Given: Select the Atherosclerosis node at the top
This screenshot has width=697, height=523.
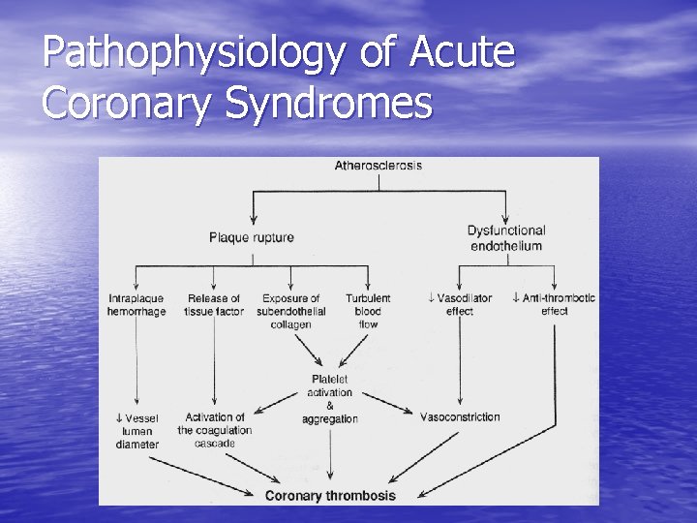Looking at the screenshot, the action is (378, 166).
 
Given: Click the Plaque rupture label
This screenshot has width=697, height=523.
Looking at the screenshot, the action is (252, 237).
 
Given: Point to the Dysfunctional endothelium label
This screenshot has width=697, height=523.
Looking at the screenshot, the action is (506, 238).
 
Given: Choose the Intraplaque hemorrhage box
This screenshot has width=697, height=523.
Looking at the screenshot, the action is (136, 305).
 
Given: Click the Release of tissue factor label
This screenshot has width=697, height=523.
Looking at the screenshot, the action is (214, 305).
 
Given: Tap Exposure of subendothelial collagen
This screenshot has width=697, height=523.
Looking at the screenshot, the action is (291, 311).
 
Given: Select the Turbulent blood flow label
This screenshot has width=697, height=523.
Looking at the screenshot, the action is (368, 311).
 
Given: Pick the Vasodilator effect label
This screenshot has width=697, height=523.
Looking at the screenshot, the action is (460, 305).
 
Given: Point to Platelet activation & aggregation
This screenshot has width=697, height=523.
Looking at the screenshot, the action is (329, 399).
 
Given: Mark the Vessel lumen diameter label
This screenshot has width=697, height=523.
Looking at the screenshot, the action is (136, 431).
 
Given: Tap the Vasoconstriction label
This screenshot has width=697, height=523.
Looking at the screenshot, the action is (460, 417).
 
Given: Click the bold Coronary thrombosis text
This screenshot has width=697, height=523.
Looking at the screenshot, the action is (330, 496).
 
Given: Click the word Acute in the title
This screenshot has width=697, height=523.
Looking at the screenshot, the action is (462, 54).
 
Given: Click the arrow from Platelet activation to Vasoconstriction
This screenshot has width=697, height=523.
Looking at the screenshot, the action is (389, 403).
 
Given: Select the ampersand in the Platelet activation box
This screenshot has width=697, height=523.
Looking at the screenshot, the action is (329, 406).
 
